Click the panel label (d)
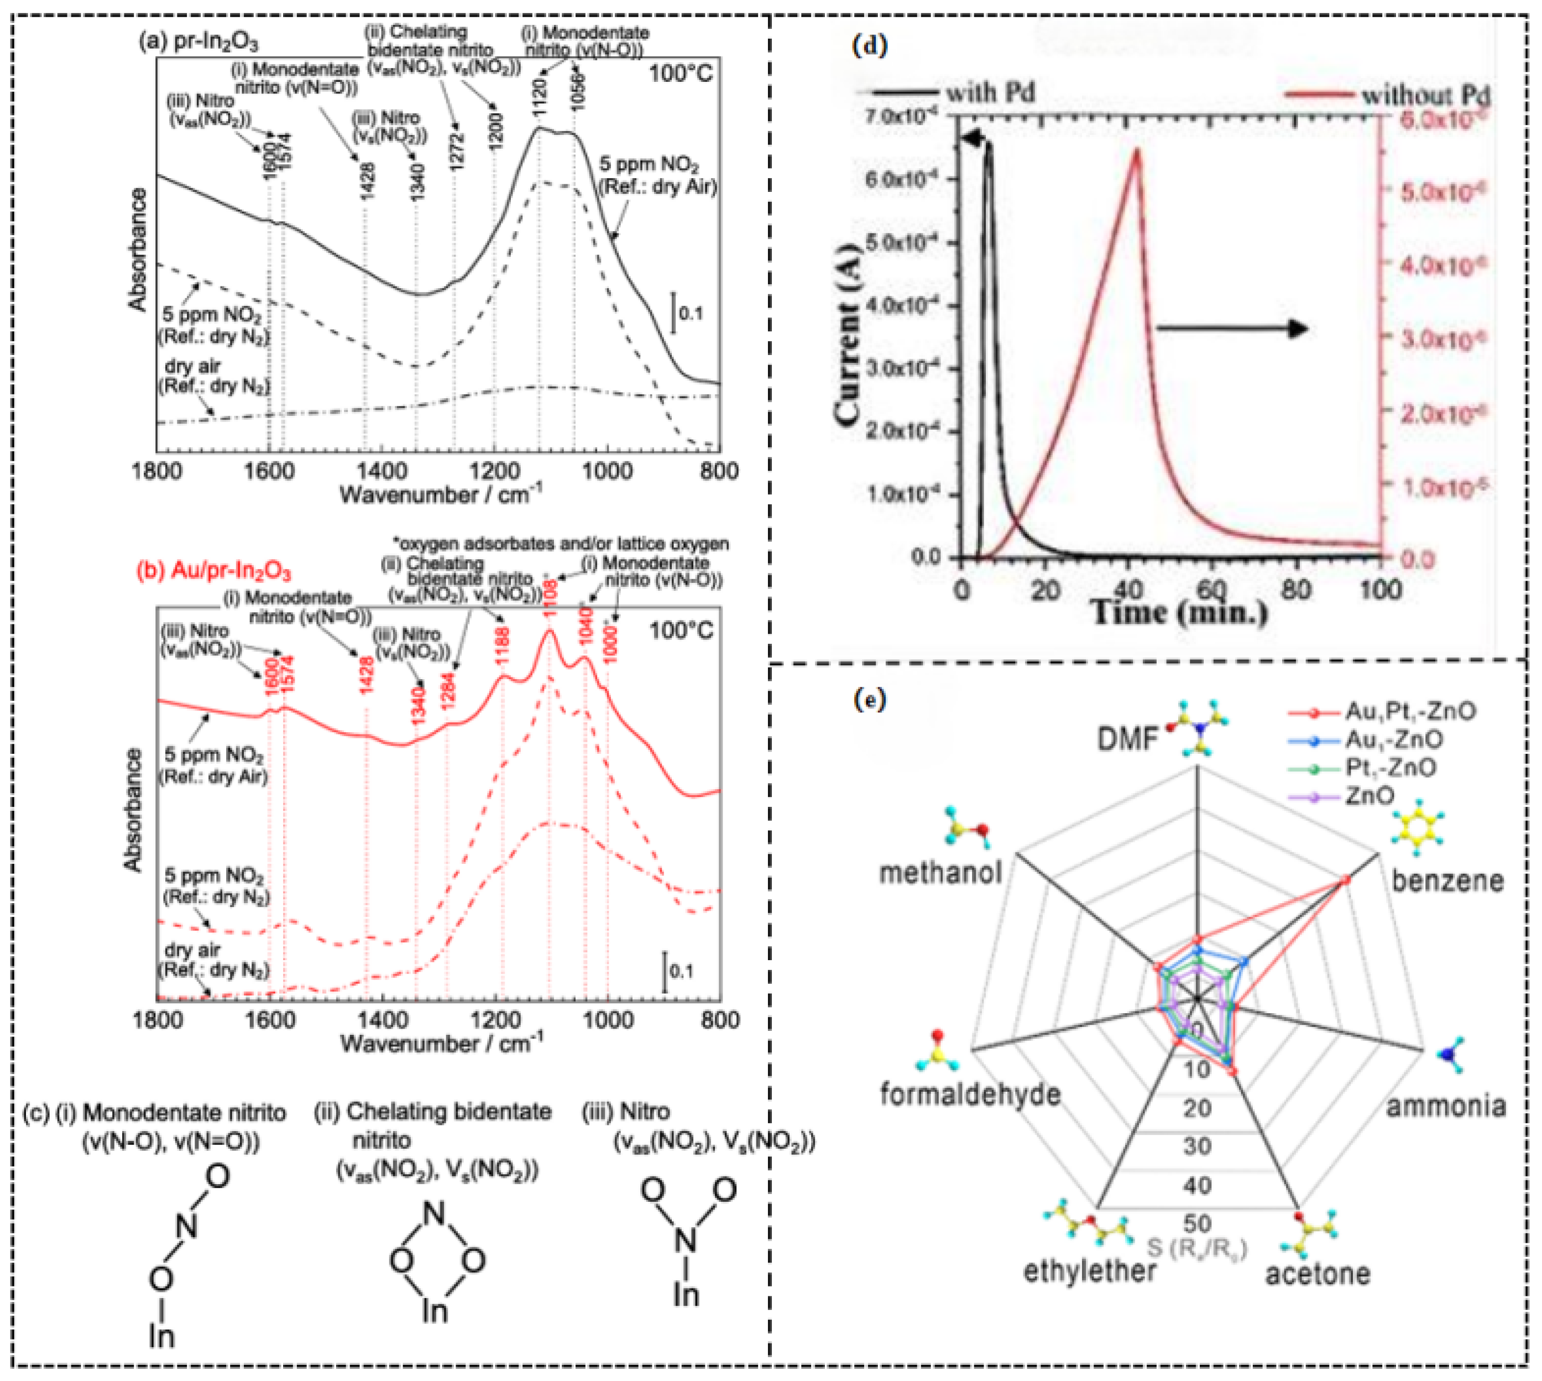870,46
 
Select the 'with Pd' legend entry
989,93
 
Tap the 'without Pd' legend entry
1424,96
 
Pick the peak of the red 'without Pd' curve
1136,149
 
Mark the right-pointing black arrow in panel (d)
1232,329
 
